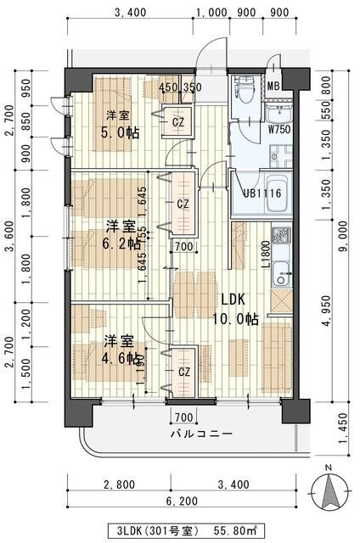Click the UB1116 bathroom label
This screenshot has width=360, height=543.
click(x=262, y=193)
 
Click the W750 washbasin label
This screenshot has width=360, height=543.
click(x=278, y=129)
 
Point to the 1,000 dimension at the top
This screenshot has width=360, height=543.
click(x=211, y=12)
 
